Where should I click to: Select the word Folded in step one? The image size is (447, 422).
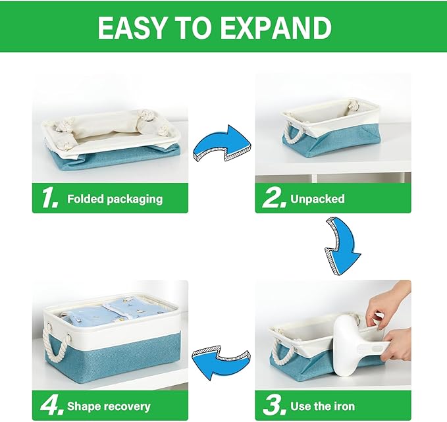[x=86, y=198]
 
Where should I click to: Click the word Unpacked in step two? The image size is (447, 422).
[x=317, y=198]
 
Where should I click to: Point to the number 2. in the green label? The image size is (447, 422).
[x=274, y=198]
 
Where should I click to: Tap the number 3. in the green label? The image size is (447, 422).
[x=274, y=406]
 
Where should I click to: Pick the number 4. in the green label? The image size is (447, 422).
[x=50, y=406]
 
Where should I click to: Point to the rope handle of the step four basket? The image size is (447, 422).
[x=53, y=339]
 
